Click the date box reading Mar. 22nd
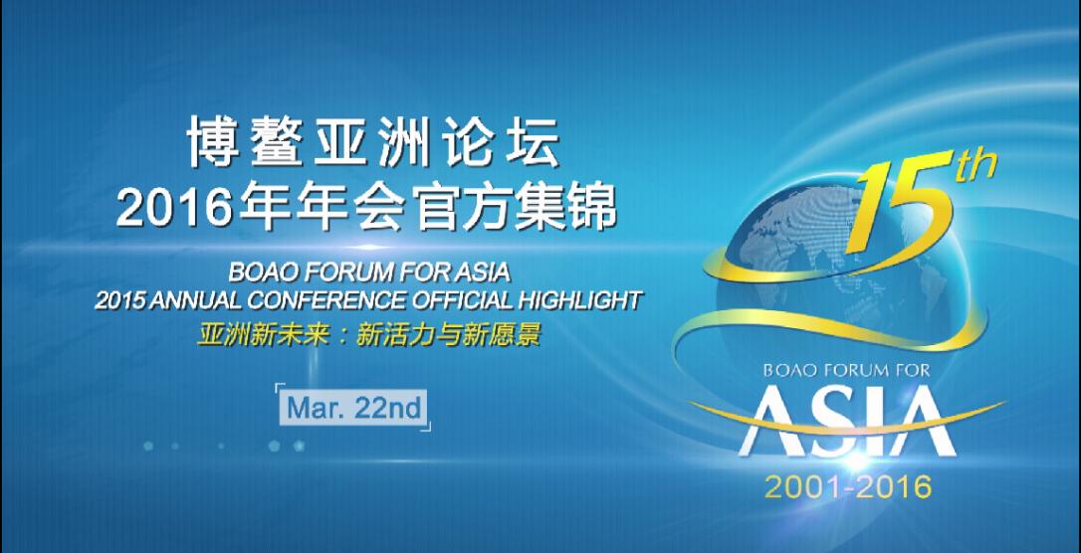point(353,408)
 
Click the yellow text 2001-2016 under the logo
point(848,487)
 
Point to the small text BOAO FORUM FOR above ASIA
point(847,371)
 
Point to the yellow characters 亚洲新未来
point(262,335)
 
